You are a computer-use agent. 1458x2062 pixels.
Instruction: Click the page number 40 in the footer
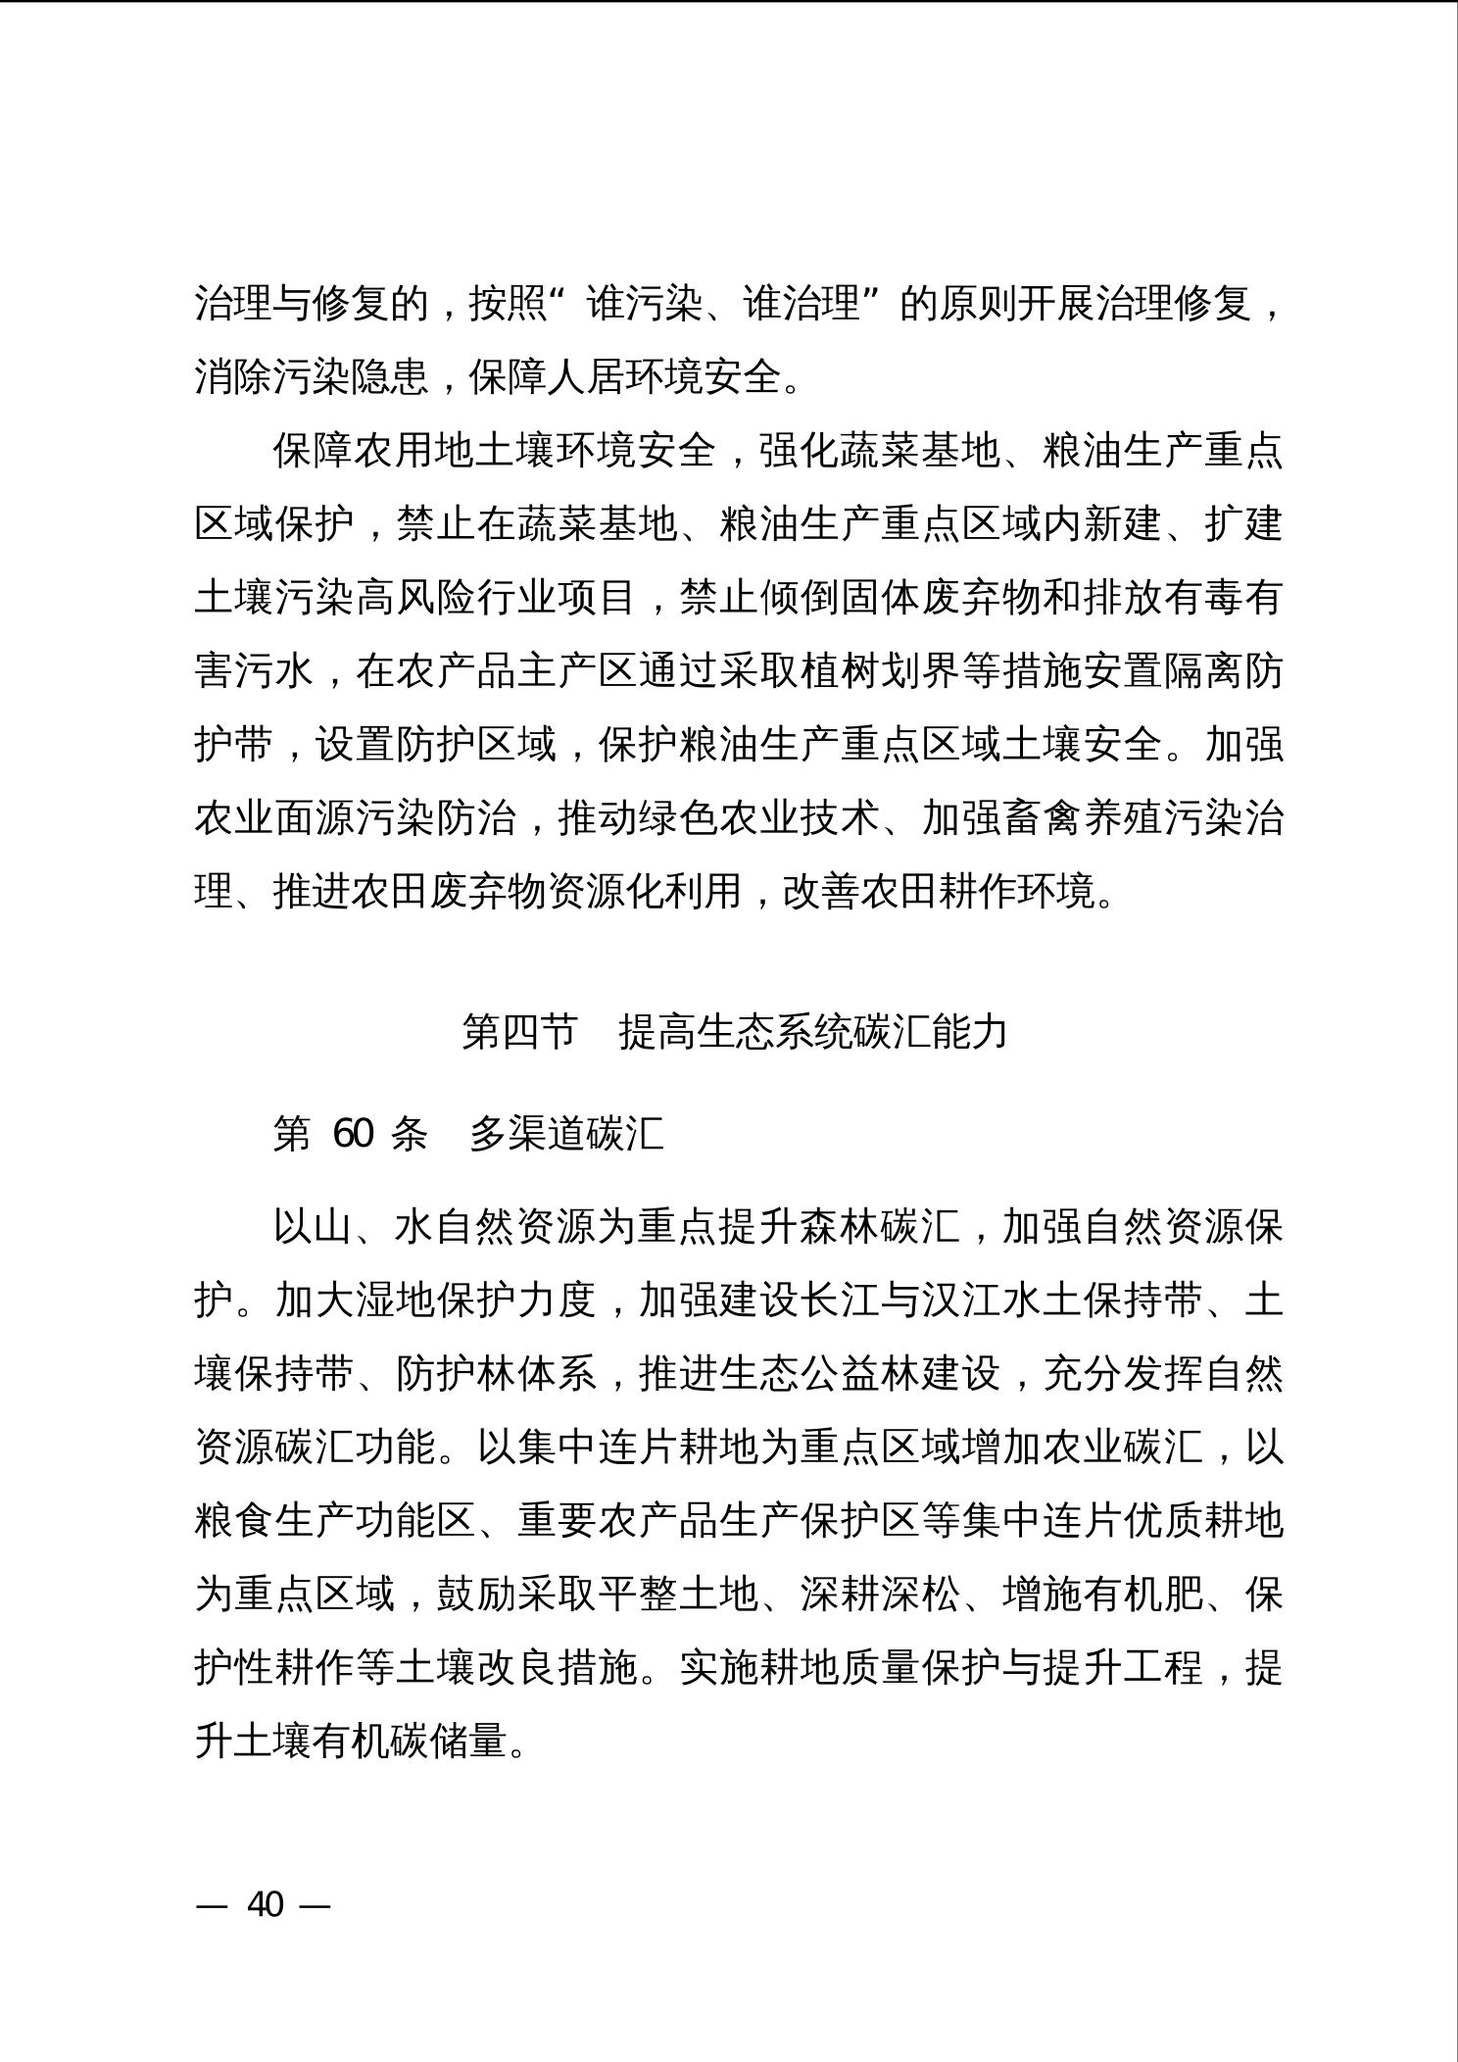[265, 1904]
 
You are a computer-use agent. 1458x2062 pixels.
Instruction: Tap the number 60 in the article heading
[353, 1134]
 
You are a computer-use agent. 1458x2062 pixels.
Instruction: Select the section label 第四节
[519, 1032]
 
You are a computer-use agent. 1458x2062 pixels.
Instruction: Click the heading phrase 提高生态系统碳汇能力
[813, 1032]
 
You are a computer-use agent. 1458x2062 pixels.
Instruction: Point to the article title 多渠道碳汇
[567, 1134]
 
